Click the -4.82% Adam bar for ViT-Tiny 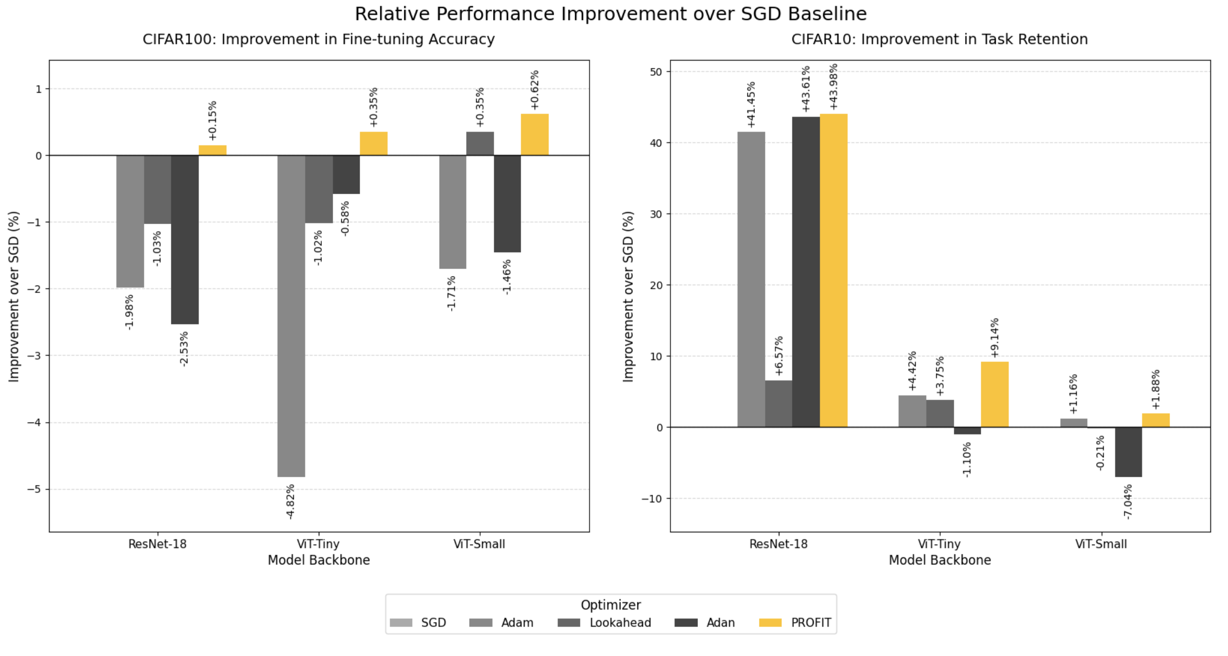click(291, 316)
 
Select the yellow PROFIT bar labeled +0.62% click(535, 135)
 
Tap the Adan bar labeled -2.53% click(185, 240)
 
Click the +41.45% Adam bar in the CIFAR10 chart click(751, 280)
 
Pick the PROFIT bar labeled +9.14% click(994, 394)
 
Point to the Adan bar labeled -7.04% click(1128, 452)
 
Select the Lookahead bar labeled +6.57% click(778, 403)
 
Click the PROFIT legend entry click(795, 623)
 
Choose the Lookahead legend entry click(605, 623)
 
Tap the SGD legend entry click(418, 623)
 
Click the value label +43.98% click(833, 86)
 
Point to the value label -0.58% click(345, 218)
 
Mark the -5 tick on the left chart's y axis click(35, 489)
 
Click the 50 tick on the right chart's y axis click(656, 72)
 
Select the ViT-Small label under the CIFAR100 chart click(479, 544)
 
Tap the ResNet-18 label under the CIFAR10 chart click(778, 544)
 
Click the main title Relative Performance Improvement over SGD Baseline click(611, 14)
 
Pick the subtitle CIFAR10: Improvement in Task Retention click(939, 39)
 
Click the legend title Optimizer click(611, 605)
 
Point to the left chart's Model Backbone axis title click(319, 560)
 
